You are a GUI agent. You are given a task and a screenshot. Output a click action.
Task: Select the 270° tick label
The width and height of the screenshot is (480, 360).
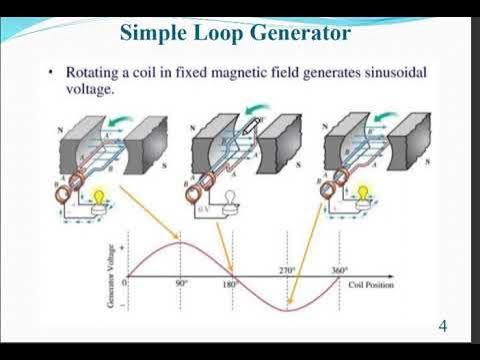point(288,270)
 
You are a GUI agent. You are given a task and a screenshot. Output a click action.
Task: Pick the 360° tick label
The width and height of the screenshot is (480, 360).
point(343,270)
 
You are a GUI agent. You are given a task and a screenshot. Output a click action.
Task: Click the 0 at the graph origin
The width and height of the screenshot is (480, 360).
point(125,284)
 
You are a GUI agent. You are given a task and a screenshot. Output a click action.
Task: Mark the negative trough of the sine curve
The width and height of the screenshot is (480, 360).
point(288,311)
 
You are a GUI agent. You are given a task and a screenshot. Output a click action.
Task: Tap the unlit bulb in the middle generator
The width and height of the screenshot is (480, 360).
point(228,197)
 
